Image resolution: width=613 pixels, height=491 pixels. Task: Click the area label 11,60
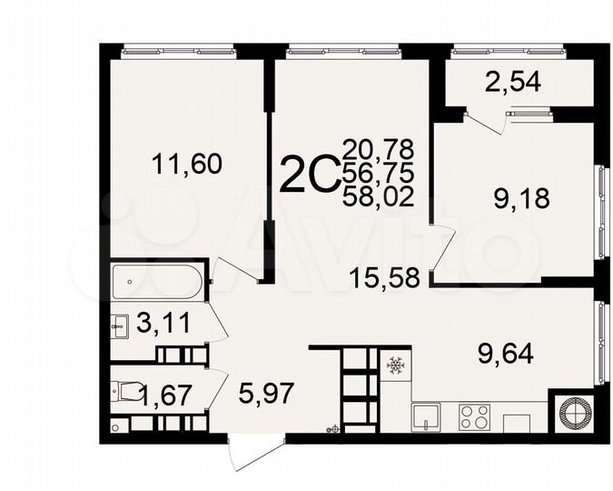(187, 165)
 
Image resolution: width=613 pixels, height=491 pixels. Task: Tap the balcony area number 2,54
(513, 83)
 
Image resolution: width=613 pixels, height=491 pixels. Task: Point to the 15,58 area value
(384, 277)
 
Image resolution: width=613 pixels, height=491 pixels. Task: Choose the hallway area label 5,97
(264, 394)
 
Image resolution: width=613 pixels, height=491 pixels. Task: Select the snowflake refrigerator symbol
(395, 366)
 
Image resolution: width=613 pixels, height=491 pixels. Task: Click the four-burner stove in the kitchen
(474, 417)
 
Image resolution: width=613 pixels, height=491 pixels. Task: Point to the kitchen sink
(427, 417)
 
